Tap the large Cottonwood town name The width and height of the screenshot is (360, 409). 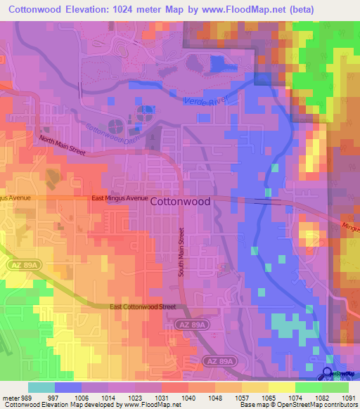pyautogui.click(x=180, y=200)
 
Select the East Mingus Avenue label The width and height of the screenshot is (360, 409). pyautogui.click(x=120, y=199)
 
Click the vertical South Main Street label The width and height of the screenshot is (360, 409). pyautogui.click(x=181, y=251)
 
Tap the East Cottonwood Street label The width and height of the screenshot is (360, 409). pyautogui.click(x=143, y=307)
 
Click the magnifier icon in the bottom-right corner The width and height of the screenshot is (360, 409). pyautogui.click(x=327, y=374)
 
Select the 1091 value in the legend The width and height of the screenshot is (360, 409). pyautogui.click(x=348, y=397)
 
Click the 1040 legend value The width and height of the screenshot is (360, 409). pyautogui.click(x=188, y=397)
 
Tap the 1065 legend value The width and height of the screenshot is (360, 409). pyautogui.click(x=268, y=397)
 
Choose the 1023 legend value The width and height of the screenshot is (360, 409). pyautogui.click(x=134, y=397)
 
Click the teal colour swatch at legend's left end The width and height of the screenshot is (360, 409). pyautogui.click(x=41, y=387)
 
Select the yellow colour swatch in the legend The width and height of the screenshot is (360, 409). pyautogui.click(x=281, y=387)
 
